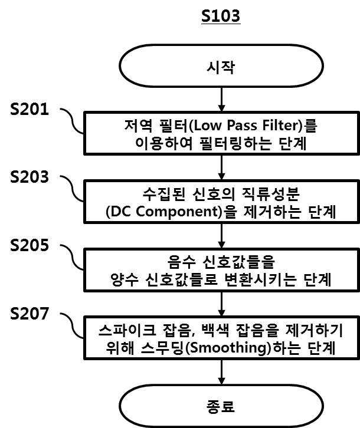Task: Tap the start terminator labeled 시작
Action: pos(221,66)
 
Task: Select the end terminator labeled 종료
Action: pos(221,406)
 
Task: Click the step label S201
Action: pos(30,109)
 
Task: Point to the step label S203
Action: pos(30,177)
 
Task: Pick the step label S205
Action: pos(30,245)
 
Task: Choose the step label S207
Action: pos(30,313)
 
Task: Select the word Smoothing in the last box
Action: pos(228,348)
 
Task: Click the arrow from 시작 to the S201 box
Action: pos(221,100)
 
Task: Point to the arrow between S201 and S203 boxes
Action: pos(221,167)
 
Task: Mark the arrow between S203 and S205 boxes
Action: pos(221,236)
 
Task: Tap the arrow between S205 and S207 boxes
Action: pos(221,304)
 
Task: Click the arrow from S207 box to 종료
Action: pos(221,372)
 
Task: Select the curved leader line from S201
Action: pos(72,121)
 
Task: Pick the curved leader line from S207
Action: pos(72,325)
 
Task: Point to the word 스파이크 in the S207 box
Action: pos(127,330)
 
